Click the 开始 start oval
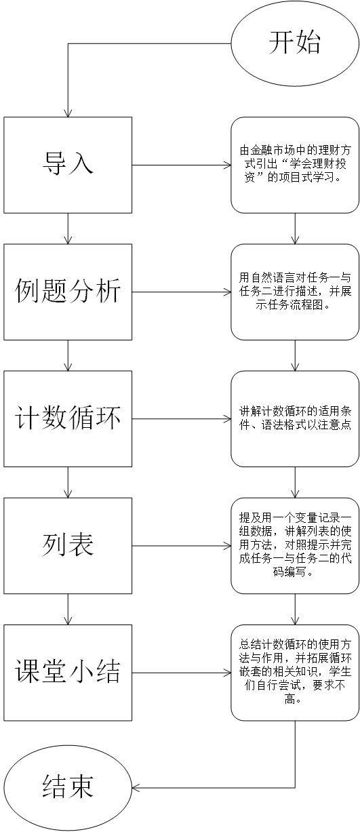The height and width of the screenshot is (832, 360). (x=294, y=43)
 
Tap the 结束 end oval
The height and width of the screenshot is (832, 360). (x=68, y=787)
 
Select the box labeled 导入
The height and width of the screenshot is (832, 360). (x=68, y=165)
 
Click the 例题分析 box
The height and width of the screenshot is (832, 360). (x=68, y=292)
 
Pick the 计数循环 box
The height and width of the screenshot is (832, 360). (x=68, y=418)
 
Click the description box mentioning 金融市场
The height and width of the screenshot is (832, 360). (x=295, y=165)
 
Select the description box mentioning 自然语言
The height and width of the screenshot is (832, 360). (x=295, y=292)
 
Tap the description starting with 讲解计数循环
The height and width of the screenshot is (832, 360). (x=295, y=418)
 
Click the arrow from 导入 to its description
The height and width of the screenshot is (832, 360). (x=181, y=165)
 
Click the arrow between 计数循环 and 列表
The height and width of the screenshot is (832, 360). (x=68, y=482)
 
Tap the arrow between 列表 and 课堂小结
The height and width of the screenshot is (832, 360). (x=68, y=609)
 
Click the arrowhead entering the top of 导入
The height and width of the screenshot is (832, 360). (x=68, y=112)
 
